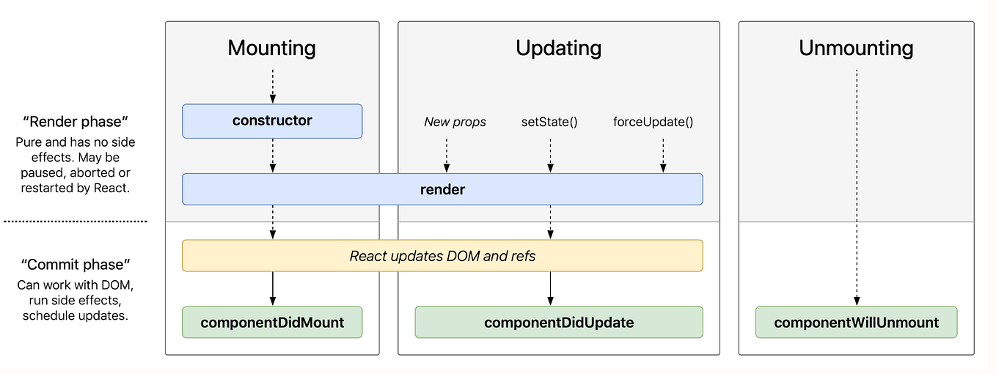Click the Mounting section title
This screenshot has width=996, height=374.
pyautogui.click(x=271, y=48)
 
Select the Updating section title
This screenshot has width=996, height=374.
pyautogui.click(x=558, y=48)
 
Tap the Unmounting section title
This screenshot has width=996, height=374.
pyautogui.click(x=856, y=48)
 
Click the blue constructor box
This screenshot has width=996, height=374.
pyautogui.click(x=272, y=121)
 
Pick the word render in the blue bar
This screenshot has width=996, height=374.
pyautogui.click(x=442, y=189)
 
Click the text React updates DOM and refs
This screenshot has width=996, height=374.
pyautogui.click(x=442, y=256)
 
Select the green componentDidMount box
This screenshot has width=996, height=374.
pyautogui.click(x=272, y=322)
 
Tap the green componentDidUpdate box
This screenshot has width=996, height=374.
pyautogui.click(x=558, y=322)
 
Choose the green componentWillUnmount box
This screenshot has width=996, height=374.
pyautogui.click(x=856, y=322)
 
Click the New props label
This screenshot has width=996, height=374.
pyautogui.click(x=455, y=122)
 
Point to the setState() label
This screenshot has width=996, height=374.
pyautogui.click(x=549, y=122)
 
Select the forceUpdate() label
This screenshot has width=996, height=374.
pyautogui.click(x=653, y=122)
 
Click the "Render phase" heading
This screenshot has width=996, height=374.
pyautogui.click(x=76, y=121)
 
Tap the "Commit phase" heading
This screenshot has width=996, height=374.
pyautogui.click(x=76, y=264)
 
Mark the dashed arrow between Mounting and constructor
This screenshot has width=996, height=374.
pyautogui.click(x=272, y=86)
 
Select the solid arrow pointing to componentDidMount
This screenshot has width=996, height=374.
pyautogui.click(x=272, y=288)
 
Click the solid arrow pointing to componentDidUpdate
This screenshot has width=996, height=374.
pyautogui.click(x=550, y=288)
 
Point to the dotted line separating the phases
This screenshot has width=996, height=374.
pyautogui.click(x=76, y=221)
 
